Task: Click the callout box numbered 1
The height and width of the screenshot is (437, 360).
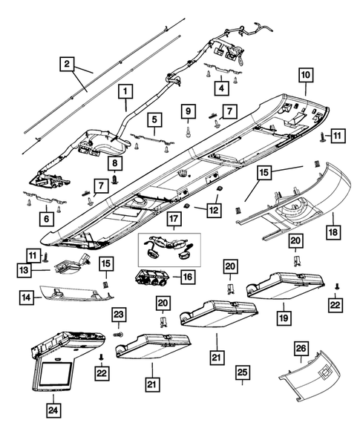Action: pyautogui.click(x=125, y=91)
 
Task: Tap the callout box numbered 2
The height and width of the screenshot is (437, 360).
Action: pyautogui.click(x=67, y=64)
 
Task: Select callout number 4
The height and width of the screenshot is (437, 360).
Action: pyautogui.click(x=222, y=88)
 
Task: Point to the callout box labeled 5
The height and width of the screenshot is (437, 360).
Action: pyautogui.click(x=154, y=120)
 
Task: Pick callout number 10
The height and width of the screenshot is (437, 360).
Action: pyautogui.click(x=306, y=75)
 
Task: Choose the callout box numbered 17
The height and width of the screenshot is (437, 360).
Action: pyautogui.click(x=174, y=218)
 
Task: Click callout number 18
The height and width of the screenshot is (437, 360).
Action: pyautogui.click(x=333, y=232)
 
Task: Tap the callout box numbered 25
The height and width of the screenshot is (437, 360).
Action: pyautogui.click(x=242, y=372)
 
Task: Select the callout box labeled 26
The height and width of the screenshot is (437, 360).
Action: pyautogui.click(x=301, y=349)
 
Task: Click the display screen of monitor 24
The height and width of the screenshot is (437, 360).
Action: pyautogui.click(x=56, y=372)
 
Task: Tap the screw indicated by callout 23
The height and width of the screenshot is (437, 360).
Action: pyautogui.click(x=119, y=334)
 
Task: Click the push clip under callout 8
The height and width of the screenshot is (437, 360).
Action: pyautogui.click(x=115, y=179)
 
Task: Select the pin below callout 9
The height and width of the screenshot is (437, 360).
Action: pyautogui.click(x=189, y=132)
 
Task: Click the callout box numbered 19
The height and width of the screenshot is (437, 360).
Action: pyautogui.click(x=284, y=318)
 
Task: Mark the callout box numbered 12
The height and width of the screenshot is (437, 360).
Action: pyautogui.click(x=215, y=209)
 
